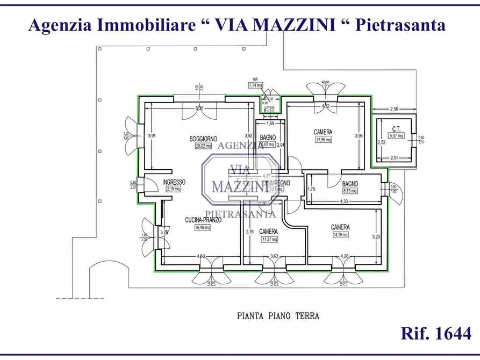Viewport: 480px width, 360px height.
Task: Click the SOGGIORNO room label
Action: [x=203, y=139]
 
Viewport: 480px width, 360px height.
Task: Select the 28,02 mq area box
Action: [x=203, y=146]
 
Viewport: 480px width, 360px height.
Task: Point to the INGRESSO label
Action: [x=174, y=182]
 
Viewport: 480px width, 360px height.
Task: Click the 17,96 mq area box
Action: [x=323, y=140]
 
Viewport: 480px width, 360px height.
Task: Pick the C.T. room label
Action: [x=397, y=128]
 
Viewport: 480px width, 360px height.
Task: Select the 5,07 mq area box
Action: [x=397, y=135]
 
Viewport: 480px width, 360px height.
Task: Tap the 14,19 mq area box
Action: [x=340, y=234]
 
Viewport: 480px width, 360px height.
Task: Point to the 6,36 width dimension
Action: [x=199, y=108]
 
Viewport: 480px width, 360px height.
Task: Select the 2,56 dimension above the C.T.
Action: [x=394, y=109]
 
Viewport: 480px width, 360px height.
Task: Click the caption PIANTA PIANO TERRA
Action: [x=278, y=316]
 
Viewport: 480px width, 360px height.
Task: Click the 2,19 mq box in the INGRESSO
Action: [x=174, y=189]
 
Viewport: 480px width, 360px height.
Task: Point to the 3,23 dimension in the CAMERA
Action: [x=376, y=236]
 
